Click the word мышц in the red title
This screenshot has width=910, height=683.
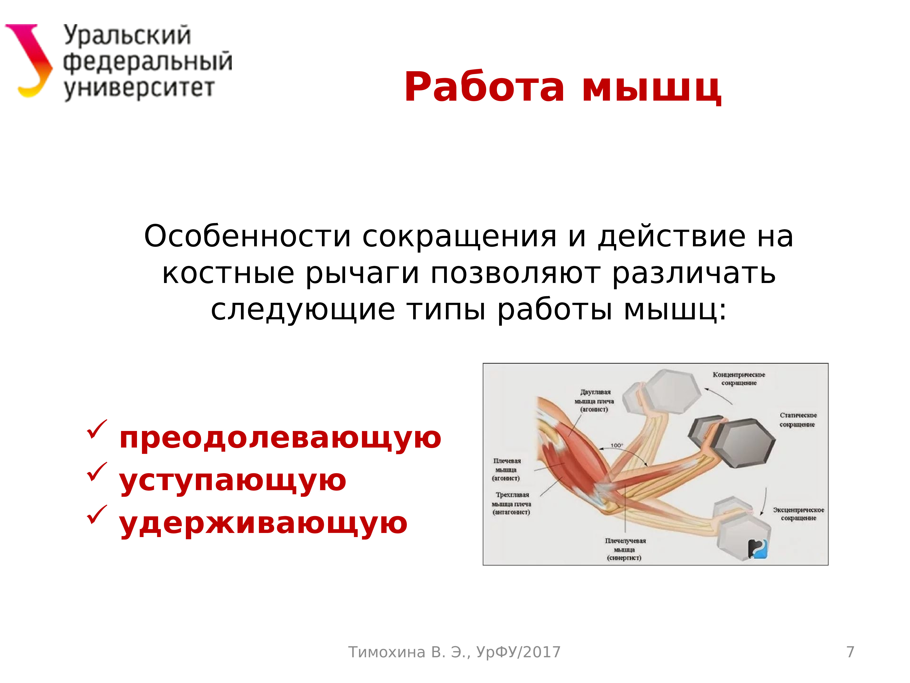tap(651, 89)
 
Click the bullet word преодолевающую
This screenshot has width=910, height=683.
tap(280, 438)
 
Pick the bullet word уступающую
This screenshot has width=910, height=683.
tap(233, 481)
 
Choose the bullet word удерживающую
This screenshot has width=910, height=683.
tap(263, 524)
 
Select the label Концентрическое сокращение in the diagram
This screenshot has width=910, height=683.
tap(739, 379)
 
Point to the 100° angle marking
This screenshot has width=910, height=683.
tap(616, 446)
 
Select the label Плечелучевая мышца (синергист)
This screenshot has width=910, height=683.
tap(625, 549)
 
